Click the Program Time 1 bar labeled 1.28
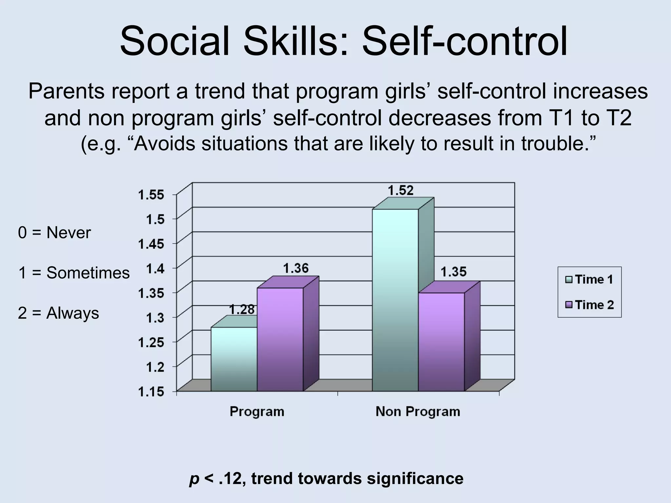[234, 359]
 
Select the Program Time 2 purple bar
[280, 339]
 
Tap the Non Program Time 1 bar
[395, 300]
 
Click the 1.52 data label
[401, 190]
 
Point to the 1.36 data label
[296, 269]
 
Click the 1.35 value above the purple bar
[453, 272]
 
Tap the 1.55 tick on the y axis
[151, 195]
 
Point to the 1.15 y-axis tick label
[151, 392]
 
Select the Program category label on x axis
[257, 411]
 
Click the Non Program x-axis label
[418, 411]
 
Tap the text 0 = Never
[54, 233]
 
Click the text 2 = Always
[58, 313]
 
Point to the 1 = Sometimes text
[74, 273]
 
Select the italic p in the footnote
[194, 479]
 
